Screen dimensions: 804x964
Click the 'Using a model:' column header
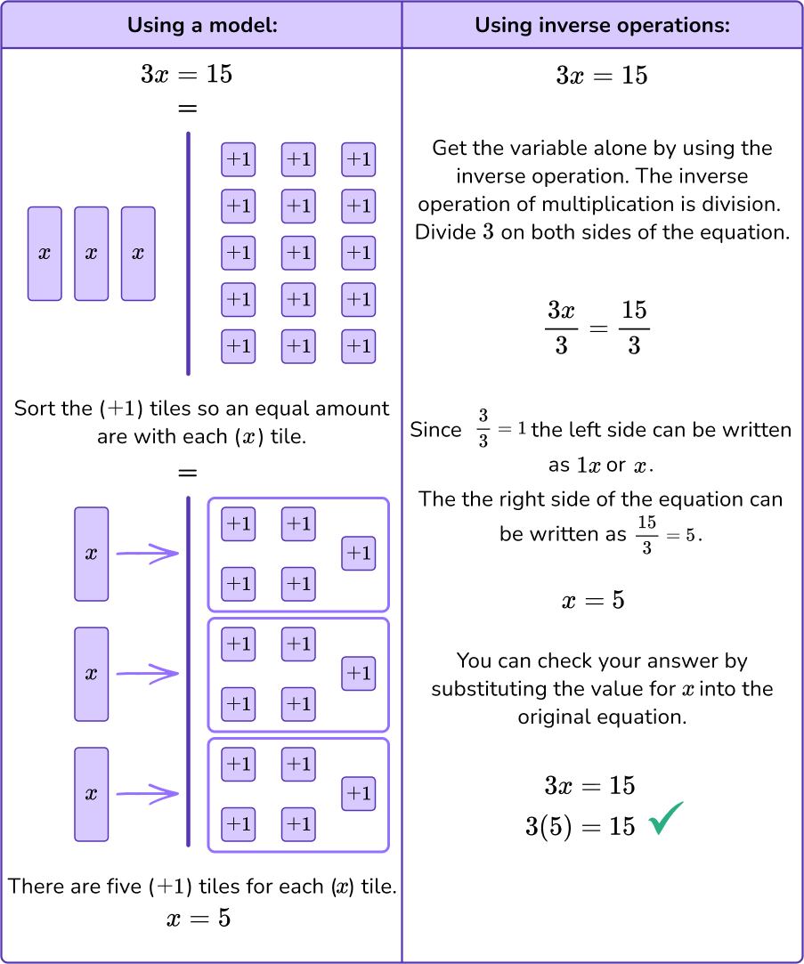pyautogui.click(x=202, y=25)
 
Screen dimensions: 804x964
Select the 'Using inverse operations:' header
pyautogui.click(x=602, y=25)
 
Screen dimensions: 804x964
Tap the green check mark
pyautogui.click(x=666, y=819)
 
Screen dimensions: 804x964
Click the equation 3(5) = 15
pyautogui.click(x=581, y=827)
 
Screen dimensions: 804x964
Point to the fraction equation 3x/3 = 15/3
pyautogui.click(x=597, y=328)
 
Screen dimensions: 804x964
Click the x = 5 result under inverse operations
pyautogui.click(x=593, y=601)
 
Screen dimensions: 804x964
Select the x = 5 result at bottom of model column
pyautogui.click(x=199, y=919)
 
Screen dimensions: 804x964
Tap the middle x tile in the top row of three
pyautogui.click(x=91, y=254)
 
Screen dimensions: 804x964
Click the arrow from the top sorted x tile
pyautogui.click(x=147, y=554)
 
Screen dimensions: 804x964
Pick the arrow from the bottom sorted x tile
pyautogui.click(x=147, y=794)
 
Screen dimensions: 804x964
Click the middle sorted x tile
pyautogui.click(x=91, y=674)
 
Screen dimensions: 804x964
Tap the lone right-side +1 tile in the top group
pyautogui.click(x=359, y=554)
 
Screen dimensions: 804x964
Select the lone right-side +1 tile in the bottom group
pyautogui.click(x=359, y=794)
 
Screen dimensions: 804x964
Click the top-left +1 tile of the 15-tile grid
pyautogui.click(x=238, y=160)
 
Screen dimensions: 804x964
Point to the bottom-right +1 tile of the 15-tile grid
pyautogui.click(x=359, y=346)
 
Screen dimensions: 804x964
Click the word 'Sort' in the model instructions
pyautogui.click(x=33, y=409)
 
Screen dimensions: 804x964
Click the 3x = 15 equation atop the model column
pyautogui.click(x=187, y=75)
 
